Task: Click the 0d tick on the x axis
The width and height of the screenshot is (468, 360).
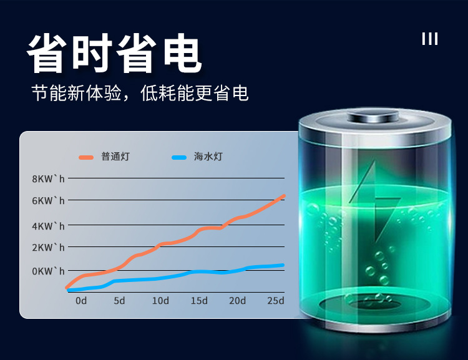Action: (x=81, y=301)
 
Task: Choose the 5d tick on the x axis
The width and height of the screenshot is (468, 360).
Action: (x=119, y=301)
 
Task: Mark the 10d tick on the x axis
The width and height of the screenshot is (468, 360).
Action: (x=160, y=301)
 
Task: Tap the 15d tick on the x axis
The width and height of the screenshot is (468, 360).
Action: (x=199, y=301)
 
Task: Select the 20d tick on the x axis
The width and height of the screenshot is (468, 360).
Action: (x=237, y=301)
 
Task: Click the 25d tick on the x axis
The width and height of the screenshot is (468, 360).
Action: (x=275, y=301)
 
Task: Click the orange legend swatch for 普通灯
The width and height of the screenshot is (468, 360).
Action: (x=86, y=157)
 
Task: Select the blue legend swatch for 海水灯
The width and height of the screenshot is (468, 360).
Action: (x=179, y=157)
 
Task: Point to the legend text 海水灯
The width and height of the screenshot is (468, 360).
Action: (x=208, y=157)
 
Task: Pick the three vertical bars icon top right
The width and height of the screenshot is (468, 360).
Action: (x=430, y=39)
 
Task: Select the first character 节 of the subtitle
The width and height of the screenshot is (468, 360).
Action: (x=39, y=93)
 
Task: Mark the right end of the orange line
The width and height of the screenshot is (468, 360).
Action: (x=284, y=196)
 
